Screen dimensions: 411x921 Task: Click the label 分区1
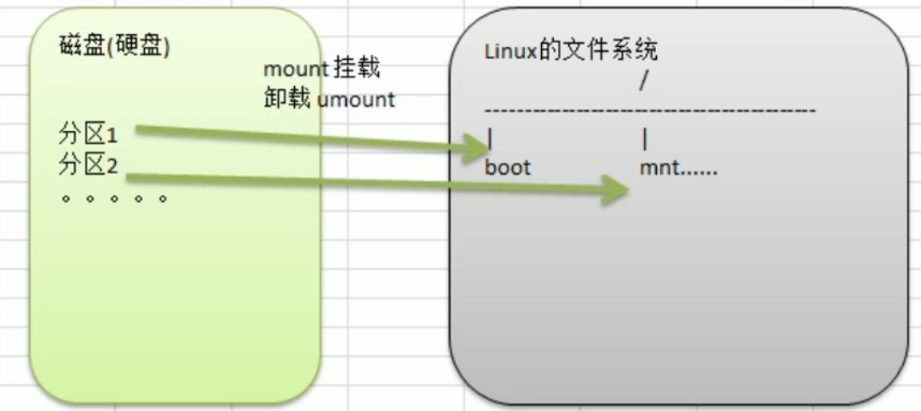(89, 134)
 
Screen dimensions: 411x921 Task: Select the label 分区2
(89, 163)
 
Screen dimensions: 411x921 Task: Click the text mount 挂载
(321, 70)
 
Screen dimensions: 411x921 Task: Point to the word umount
(356, 99)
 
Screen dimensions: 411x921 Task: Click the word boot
(508, 168)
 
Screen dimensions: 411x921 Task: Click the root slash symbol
(643, 81)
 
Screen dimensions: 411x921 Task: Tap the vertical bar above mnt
(645, 139)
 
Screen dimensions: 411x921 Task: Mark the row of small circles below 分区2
(113, 199)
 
